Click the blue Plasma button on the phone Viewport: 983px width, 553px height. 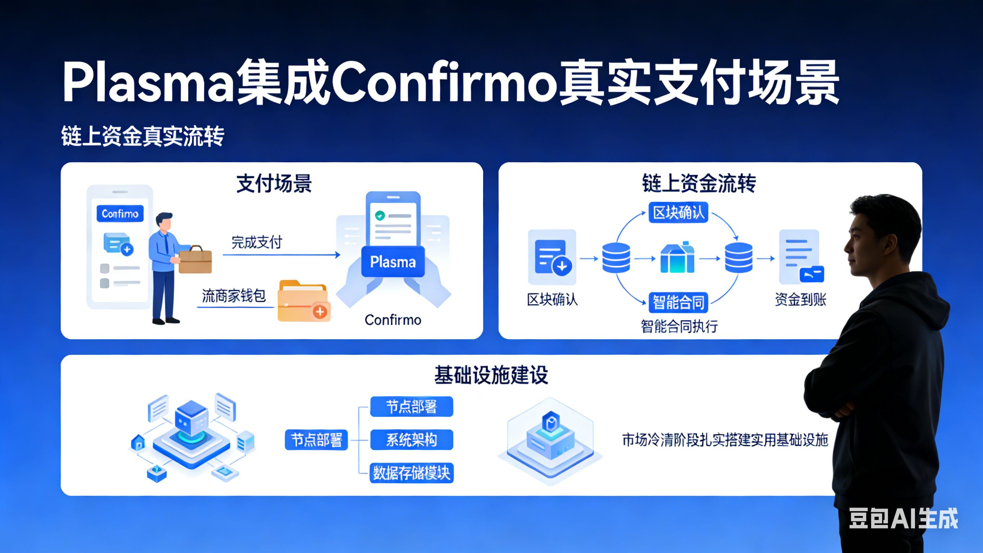393,262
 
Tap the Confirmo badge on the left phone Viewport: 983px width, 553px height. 120,214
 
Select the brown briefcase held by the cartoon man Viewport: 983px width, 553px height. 195,260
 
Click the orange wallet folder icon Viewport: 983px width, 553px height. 304,301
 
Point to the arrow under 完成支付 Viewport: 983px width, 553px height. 281,255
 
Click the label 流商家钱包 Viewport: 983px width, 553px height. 234,296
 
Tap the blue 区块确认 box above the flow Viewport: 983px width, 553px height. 678,213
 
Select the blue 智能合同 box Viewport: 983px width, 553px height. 678,303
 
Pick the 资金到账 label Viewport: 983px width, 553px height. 800,299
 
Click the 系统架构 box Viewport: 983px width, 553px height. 411,440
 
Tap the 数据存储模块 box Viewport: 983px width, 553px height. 411,473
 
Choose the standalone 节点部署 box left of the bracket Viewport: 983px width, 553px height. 317,440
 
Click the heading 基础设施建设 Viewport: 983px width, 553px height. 491,375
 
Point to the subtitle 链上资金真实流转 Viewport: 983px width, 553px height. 143,136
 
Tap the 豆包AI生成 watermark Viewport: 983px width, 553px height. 904,518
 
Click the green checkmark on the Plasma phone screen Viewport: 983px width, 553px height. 380,216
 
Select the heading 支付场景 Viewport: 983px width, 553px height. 274,184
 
